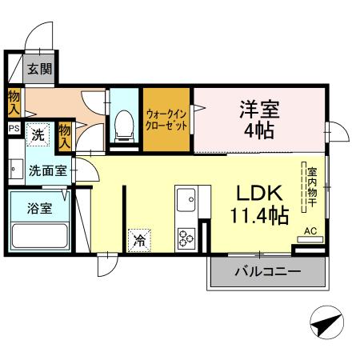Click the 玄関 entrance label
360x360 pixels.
pos(40,70)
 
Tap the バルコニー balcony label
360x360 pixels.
pos(267,272)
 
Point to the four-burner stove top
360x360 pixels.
pos(186,237)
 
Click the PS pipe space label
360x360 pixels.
pos(14,127)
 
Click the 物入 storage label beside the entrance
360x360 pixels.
pos(14,102)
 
